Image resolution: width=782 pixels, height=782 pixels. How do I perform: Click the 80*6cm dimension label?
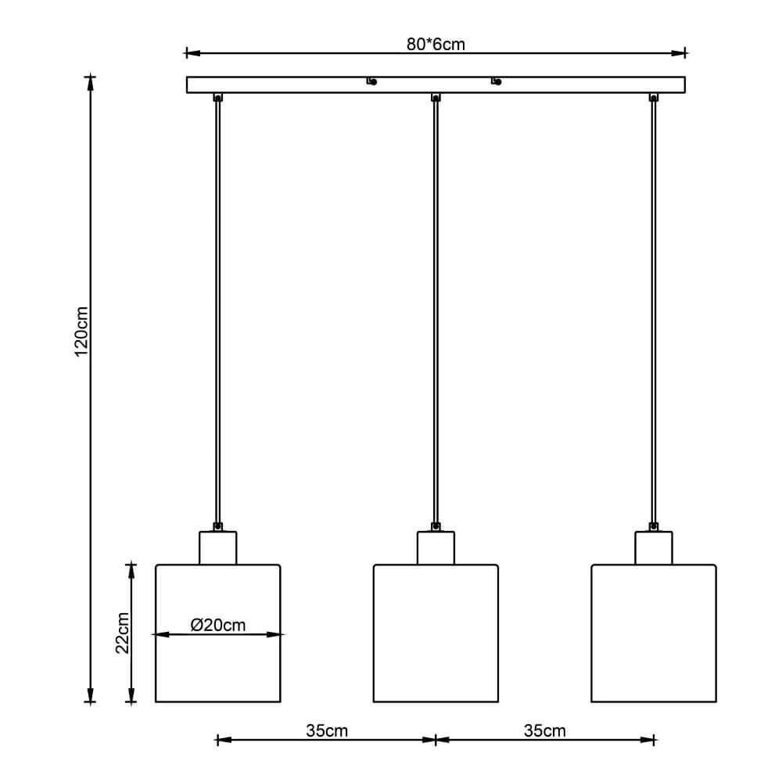436,44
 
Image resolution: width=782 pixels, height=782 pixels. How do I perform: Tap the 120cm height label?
81,332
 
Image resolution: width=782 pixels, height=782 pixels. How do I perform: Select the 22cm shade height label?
122,633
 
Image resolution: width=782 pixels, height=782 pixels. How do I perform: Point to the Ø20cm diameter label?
218,625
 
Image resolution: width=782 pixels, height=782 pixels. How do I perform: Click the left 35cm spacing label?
327,730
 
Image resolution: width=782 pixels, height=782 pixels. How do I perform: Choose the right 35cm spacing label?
544,730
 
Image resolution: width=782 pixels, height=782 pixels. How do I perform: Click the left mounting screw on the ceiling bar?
372,81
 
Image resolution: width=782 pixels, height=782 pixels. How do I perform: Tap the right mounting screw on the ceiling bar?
497,81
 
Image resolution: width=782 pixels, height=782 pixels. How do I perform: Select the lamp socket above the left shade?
218,547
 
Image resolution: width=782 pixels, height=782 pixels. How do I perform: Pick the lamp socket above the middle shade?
436,547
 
